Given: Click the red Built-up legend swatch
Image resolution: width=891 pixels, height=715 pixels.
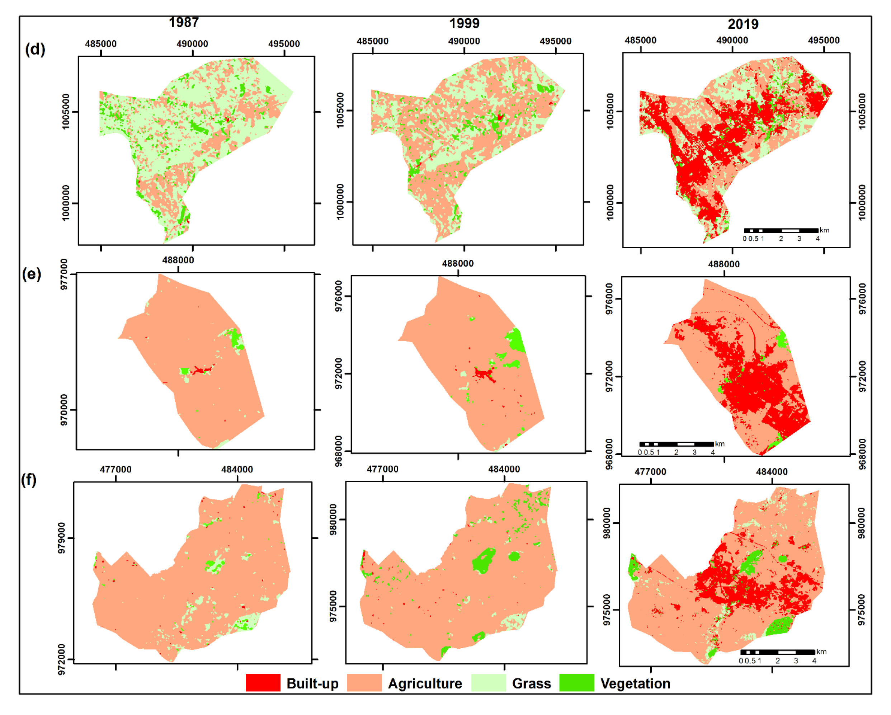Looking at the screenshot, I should tap(263, 683).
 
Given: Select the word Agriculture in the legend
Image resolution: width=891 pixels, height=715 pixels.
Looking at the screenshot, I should tap(425, 683).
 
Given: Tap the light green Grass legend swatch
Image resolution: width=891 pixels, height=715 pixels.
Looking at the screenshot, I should tap(489, 683).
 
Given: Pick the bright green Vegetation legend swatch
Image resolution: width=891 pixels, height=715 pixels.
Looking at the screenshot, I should tap(576, 683).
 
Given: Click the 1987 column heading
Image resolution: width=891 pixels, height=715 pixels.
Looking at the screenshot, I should tap(184, 22).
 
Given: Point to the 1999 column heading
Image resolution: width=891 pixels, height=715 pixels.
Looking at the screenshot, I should tap(464, 24).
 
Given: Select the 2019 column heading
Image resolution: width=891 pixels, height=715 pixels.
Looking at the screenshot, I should tap(743, 24).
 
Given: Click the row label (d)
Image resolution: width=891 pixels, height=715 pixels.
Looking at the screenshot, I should tap(35, 49).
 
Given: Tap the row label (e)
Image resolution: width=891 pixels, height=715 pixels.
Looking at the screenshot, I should tap(32, 274).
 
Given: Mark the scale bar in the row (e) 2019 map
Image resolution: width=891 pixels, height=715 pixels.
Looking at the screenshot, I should tap(676, 444).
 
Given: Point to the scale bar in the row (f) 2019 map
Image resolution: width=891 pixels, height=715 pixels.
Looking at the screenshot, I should tap(777, 652).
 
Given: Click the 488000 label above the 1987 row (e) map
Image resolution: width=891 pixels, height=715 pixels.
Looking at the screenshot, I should tap(178, 260).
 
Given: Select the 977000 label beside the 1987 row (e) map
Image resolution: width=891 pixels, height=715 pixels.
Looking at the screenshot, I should tap(64, 274).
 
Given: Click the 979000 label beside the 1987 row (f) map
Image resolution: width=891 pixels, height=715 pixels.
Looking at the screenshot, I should tap(62, 538).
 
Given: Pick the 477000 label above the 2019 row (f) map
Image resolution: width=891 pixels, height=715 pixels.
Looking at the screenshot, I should tap(650, 471).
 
